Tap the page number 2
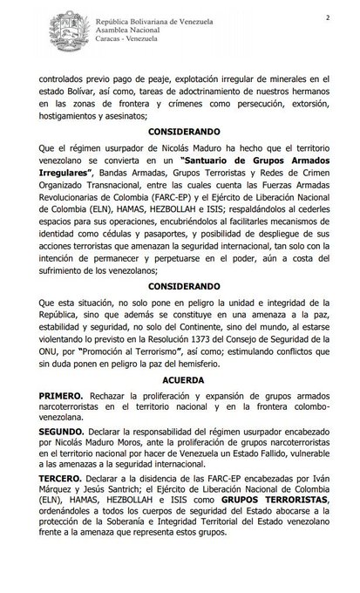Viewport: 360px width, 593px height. click(x=328, y=17)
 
